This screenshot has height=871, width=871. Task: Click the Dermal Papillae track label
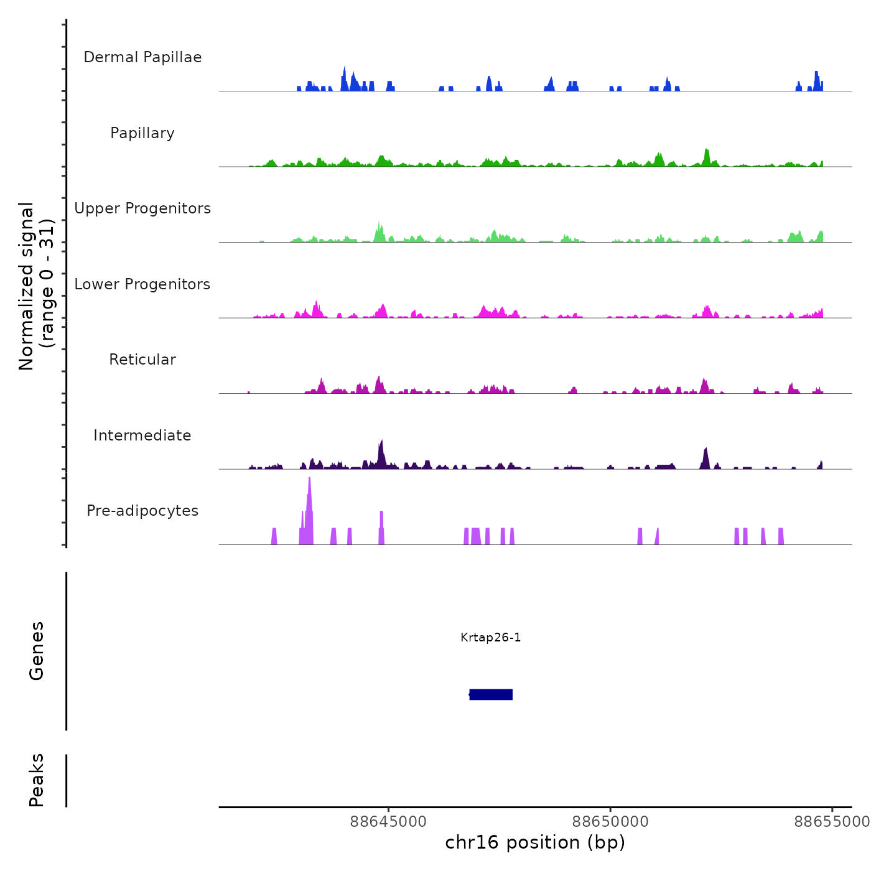click(142, 57)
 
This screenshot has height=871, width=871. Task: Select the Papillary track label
click(142, 133)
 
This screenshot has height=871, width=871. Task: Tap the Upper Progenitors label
click(142, 208)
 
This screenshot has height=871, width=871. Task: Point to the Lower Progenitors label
click(142, 284)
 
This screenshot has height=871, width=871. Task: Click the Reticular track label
click(142, 360)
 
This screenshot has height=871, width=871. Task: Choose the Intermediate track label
click(142, 435)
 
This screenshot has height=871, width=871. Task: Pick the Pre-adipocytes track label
click(142, 511)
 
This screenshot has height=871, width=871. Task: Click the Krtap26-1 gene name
click(491, 637)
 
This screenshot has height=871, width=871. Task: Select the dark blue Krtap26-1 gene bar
click(491, 694)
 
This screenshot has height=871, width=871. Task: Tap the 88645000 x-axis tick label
click(388, 822)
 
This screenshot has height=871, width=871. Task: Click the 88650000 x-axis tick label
click(610, 822)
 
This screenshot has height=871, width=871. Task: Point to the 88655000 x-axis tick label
click(831, 822)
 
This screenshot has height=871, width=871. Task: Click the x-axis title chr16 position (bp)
click(535, 842)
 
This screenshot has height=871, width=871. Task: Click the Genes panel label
click(37, 651)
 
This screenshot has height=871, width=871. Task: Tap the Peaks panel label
click(37, 780)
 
